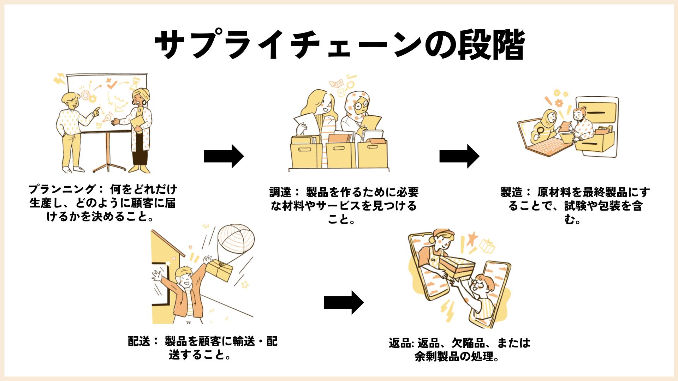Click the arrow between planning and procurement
224,156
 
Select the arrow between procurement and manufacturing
459,156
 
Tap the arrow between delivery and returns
343,302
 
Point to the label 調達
280,193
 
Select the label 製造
511,193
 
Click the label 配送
139,341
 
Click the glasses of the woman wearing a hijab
361,105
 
